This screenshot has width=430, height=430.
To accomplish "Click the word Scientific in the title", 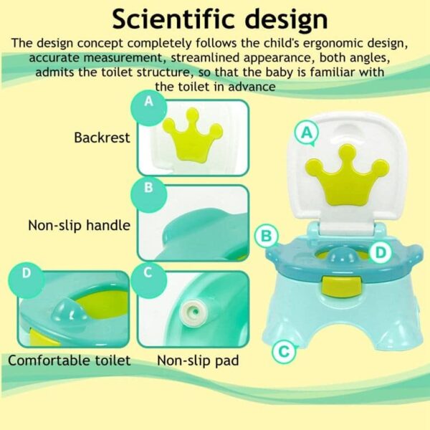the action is click(x=173, y=19).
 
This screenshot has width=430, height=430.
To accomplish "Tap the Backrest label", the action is click(x=102, y=138).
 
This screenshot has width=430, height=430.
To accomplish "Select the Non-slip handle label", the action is click(x=80, y=226).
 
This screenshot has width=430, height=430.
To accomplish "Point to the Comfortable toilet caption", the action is click(x=70, y=360).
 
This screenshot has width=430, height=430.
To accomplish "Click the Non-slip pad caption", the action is click(x=198, y=360).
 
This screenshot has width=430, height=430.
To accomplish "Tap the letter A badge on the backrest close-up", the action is click(x=148, y=107).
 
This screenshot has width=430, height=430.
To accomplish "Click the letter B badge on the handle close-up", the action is click(x=148, y=194).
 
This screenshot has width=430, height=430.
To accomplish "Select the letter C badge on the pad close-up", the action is click(x=148, y=280).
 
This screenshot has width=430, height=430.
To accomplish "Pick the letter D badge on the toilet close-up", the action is click(x=27, y=280).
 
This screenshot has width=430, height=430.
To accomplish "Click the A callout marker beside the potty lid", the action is click(x=307, y=133).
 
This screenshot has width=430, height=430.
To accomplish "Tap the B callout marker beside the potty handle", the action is click(x=267, y=236).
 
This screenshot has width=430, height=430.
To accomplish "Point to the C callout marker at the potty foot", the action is click(x=284, y=351).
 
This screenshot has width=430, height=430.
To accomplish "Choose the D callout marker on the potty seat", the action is click(x=381, y=252).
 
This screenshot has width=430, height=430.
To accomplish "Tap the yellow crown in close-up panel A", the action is click(x=193, y=135).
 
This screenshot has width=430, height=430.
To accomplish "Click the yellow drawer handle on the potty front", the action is click(x=342, y=286).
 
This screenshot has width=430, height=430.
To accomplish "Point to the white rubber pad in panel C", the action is click(x=193, y=312).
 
